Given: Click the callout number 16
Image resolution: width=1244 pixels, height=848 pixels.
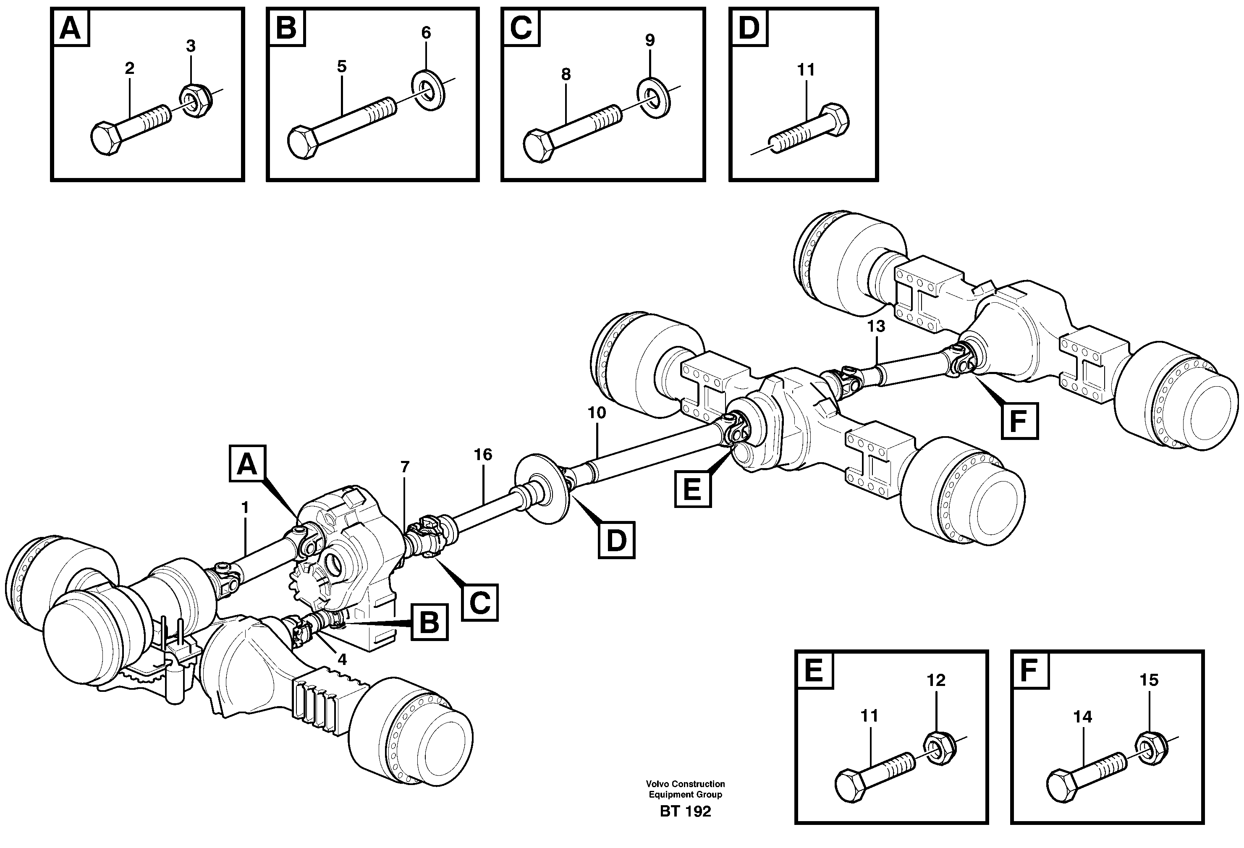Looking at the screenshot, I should point(483,455).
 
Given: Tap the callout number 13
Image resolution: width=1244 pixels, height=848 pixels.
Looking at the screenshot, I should point(876,326).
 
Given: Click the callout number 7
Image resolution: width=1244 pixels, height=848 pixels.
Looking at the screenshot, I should point(405,467).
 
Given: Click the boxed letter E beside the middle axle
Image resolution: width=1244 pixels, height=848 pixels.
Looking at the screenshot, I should point(692,489).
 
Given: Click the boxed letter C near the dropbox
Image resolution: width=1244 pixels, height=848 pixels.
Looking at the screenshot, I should point(479,603).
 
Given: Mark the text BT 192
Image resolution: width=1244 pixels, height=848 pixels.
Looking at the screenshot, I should point(685,811).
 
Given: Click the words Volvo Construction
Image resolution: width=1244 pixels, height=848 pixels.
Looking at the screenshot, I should point(685,784).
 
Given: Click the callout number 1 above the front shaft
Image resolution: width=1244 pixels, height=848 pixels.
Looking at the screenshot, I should point(245,508).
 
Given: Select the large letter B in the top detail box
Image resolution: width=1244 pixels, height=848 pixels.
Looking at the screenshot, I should point(286,28).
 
